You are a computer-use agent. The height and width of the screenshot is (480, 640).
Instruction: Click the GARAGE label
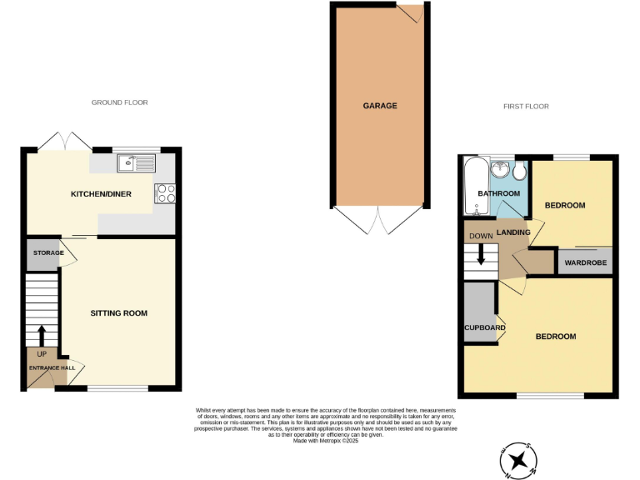tap(379, 106)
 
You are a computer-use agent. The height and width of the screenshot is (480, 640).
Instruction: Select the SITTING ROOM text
tap(119, 313)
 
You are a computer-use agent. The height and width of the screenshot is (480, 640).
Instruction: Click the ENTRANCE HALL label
tap(52, 367)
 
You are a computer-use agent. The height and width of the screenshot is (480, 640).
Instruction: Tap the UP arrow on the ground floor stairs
tap(42, 335)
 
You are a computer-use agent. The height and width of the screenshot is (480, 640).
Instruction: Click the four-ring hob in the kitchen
tap(165, 192)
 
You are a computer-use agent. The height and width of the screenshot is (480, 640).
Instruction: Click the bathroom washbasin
tap(501, 169)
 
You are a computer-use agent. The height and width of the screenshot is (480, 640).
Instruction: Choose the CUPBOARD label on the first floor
tap(484, 327)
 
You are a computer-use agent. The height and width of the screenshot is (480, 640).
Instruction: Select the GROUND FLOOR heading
tap(119, 102)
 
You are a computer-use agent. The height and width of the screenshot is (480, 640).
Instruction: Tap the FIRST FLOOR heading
tap(526, 107)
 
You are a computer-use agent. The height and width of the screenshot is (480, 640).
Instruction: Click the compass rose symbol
tap(519, 458)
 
